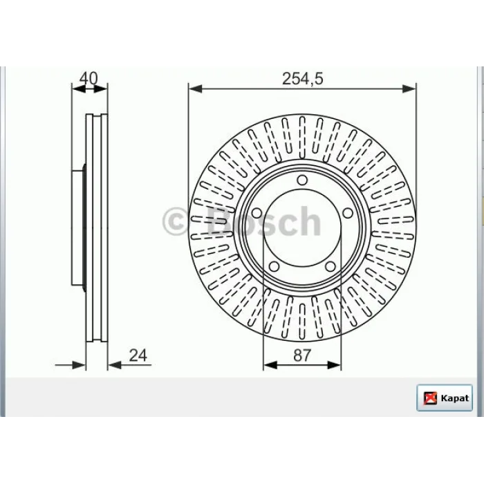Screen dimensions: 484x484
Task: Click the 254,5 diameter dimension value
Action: [303, 78]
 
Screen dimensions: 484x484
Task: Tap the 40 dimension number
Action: [89, 78]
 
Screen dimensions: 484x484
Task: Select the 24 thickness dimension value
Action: [138, 355]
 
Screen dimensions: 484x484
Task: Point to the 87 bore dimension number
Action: [302, 355]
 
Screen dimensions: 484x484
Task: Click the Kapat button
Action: [445, 398]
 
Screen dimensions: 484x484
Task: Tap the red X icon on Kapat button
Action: [430, 398]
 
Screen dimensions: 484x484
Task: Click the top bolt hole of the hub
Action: [302, 180]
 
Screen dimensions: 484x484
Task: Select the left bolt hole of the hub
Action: [257, 213]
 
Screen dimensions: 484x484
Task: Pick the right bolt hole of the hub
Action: [348, 213]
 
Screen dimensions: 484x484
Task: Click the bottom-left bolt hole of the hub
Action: [274, 266]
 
